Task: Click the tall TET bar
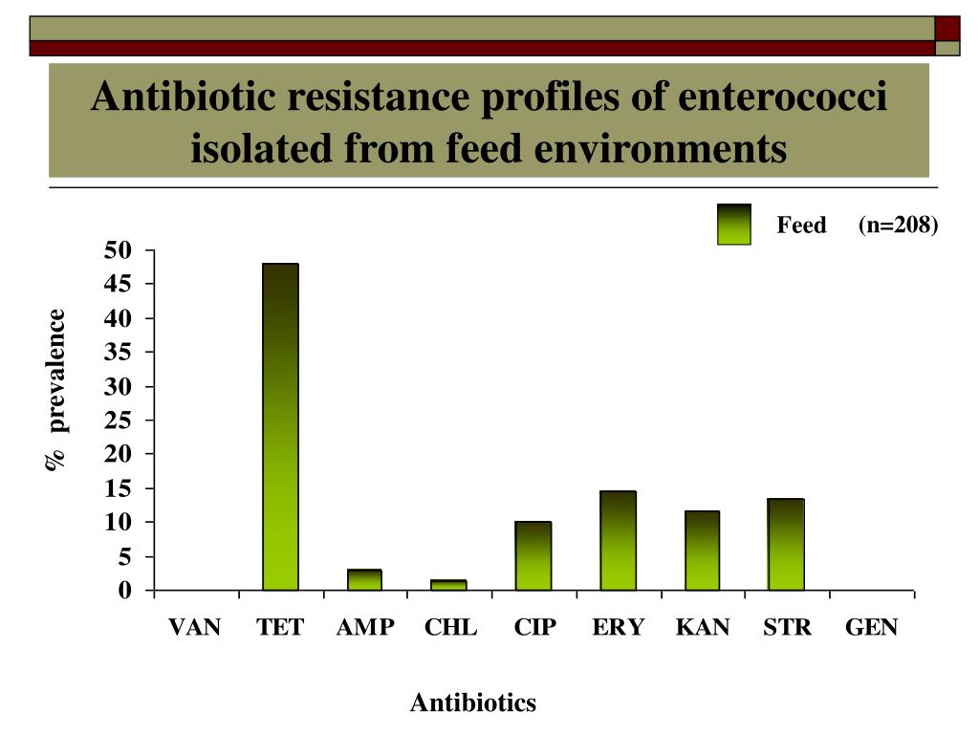[x=280, y=426]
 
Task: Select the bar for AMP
[x=364, y=580]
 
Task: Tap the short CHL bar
[x=448, y=585]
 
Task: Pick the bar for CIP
[x=533, y=556]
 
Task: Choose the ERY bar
[x=618, y=541]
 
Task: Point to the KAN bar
[x=702, y=550]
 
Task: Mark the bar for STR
[x=786, y=545]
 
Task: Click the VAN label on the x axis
[x=195, y=628]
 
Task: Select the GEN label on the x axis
[x=871, y=628]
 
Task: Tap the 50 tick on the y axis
[x=119, y=250]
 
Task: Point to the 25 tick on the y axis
[x=119, y=421]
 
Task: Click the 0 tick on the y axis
[x=124, y=591]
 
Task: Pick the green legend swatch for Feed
[x=733, y=225]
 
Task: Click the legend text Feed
[x=801, y=226]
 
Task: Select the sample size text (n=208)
[x=898, y=225]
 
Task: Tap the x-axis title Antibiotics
[x=473, y=703]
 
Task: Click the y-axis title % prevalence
[x=56, y=389]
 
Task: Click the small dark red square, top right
[x=946, y=28]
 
